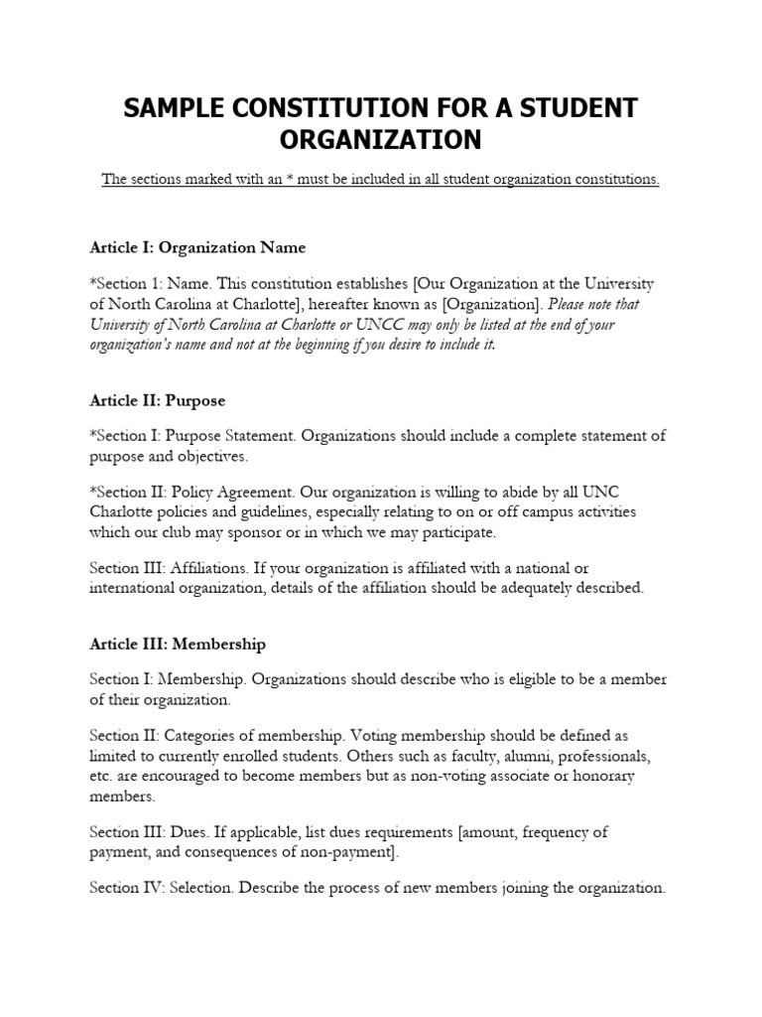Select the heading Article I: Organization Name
[197, 247]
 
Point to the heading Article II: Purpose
[157, 401]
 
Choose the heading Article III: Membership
[178, 644]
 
